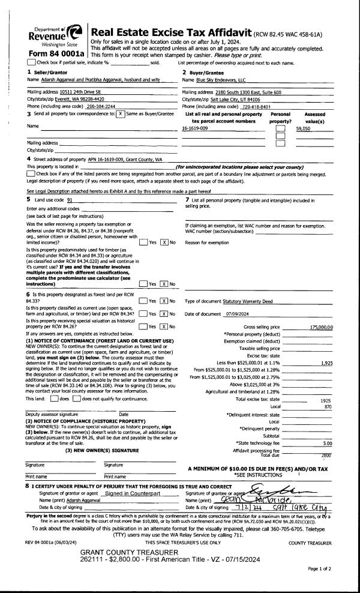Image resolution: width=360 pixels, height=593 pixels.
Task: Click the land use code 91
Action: [x=70, y=199]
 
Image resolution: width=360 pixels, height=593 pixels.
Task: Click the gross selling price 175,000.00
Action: [x=321, y=327]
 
